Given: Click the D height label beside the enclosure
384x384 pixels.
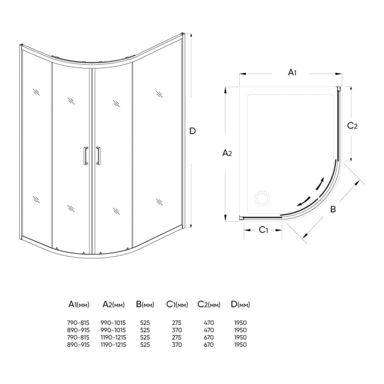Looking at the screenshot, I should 193,131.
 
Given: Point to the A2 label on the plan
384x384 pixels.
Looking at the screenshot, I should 227,154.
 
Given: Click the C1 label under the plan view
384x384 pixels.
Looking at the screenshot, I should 263,229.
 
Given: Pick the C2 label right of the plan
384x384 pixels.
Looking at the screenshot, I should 353,126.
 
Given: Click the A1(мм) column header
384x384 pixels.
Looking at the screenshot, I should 79,304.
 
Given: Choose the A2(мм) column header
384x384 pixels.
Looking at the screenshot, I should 114,304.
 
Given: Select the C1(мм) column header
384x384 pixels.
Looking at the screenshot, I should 177,304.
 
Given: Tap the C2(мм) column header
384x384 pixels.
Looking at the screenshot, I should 208,304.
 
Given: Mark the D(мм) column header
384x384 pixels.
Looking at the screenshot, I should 240,304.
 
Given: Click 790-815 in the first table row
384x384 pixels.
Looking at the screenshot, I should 79,323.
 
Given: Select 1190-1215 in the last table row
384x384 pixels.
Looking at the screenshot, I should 114,345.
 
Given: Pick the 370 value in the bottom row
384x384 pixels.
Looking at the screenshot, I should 177,345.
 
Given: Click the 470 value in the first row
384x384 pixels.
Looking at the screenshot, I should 208,323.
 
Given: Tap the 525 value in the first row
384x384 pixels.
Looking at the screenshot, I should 145,323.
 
